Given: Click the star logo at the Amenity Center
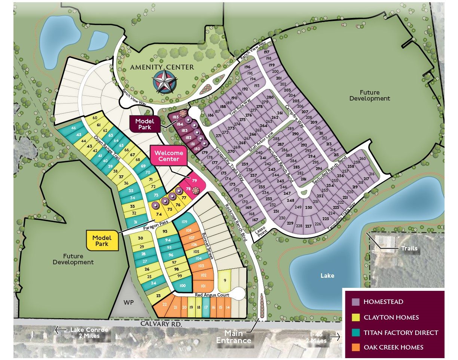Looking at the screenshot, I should [163, 81].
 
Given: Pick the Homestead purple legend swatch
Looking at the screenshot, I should [355, 302].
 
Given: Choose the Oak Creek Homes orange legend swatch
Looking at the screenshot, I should [355, 347].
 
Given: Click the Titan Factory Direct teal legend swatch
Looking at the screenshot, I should [355, 332].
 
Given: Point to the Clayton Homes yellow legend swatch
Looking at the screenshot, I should [355, 317].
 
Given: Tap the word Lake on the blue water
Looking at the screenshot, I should [327, 276].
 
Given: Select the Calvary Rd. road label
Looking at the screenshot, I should [161, 323].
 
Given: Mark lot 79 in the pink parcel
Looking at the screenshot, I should [194, 181].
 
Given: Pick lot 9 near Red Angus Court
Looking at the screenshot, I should [225, 280].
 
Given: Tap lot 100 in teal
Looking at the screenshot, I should [182, 286].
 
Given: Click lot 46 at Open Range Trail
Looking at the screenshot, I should [74, 128].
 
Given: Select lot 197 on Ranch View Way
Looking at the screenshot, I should [266, 52].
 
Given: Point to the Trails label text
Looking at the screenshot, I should [409, 248].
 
